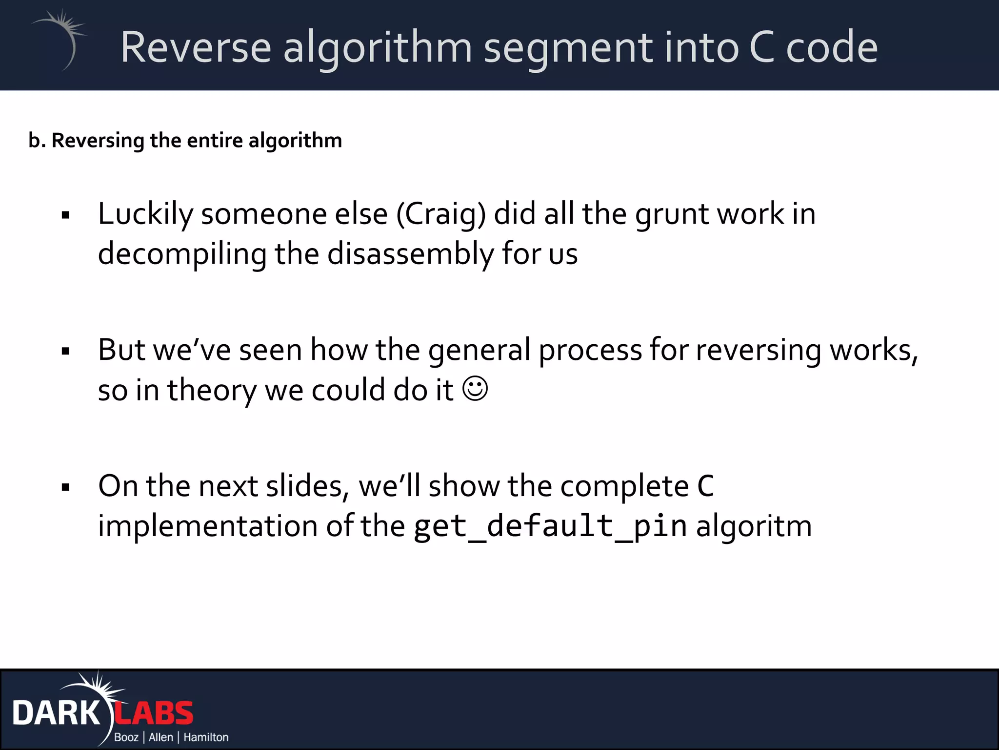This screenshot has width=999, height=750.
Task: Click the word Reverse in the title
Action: coord(196,47)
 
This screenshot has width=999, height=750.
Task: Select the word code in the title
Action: coord(832,47)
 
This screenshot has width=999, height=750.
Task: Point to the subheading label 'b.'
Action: coord(37,141)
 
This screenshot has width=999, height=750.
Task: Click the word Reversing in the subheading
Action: coord(98,141)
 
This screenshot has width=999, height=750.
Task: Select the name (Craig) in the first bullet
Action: coord(441,215)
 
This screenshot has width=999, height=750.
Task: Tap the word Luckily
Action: coord(145,215)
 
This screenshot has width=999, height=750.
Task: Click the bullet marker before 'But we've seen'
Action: coord(66,351)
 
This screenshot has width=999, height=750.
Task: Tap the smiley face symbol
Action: coord(475,389)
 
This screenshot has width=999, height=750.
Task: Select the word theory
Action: coord(211,391)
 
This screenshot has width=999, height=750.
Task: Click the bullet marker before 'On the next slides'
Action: coord(66,487)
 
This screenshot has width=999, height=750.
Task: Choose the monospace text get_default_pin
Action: coord(550,526)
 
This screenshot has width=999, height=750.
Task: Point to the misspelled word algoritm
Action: coord(754,526)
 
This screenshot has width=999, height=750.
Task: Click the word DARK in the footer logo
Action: coord(56,713)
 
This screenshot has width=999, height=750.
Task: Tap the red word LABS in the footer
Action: coord(154,713)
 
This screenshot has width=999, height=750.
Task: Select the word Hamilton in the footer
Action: coord(206,737)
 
